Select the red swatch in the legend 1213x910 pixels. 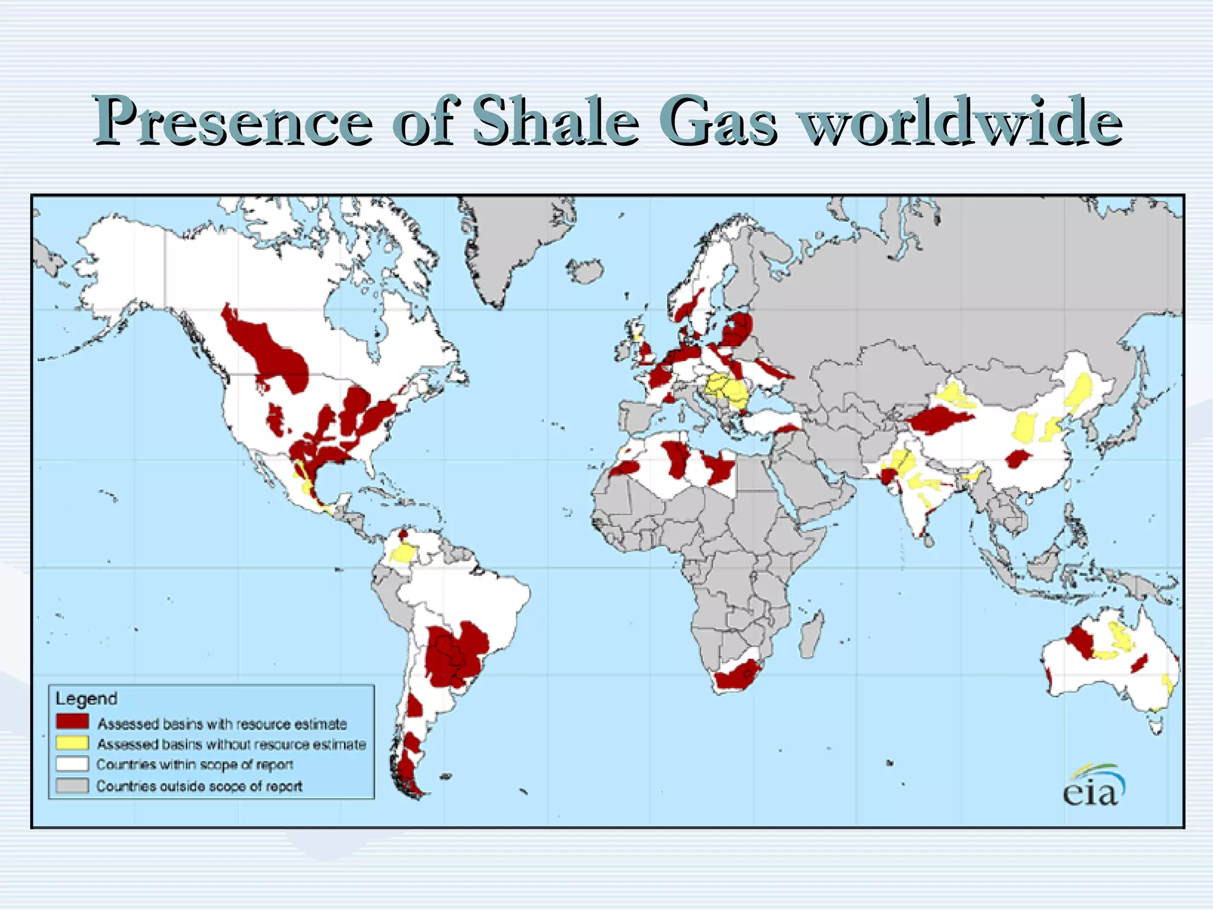pyautogui.click(x=72, y=722)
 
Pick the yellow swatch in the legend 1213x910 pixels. pyautogui.click(x=72, y=743)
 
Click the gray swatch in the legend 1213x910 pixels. pyautogui.click(x=72, y=786)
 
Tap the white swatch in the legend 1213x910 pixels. pyautogui.click(x=72, y=764)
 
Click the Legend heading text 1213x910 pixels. pyautogui.click(x=86, y=698)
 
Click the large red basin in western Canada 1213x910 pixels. pyautogui.click(x=267, y=350)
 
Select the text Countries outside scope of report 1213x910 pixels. pyautogui.click(x=199, y=786)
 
